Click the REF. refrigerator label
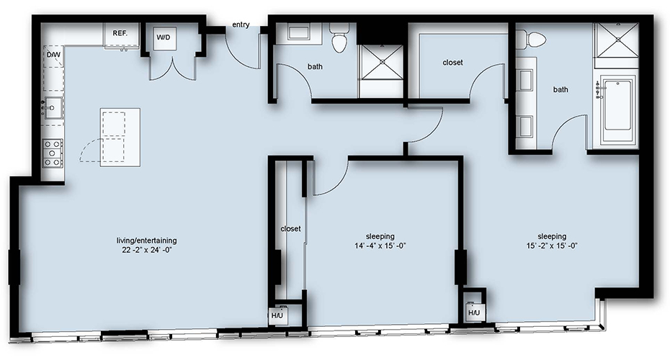[120, 33]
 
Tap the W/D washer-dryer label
[164, 37]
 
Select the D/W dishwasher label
[53, 55]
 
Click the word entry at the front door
[241, 24]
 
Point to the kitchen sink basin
[54, 107]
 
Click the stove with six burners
[53, 153]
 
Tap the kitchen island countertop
[120, 138]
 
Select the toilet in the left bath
[340, 38]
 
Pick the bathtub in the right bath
[618, 110]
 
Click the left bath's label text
[315, 67]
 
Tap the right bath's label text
[560, 90]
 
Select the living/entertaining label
[146, 240]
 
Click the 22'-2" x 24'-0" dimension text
[146, 251]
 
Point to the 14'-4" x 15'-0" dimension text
[380, 246]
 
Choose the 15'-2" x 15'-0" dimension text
[552, 246]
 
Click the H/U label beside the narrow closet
[277, 315]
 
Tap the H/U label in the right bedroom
[474, 313]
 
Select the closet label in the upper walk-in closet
[452, 63]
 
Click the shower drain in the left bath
[382, 61]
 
